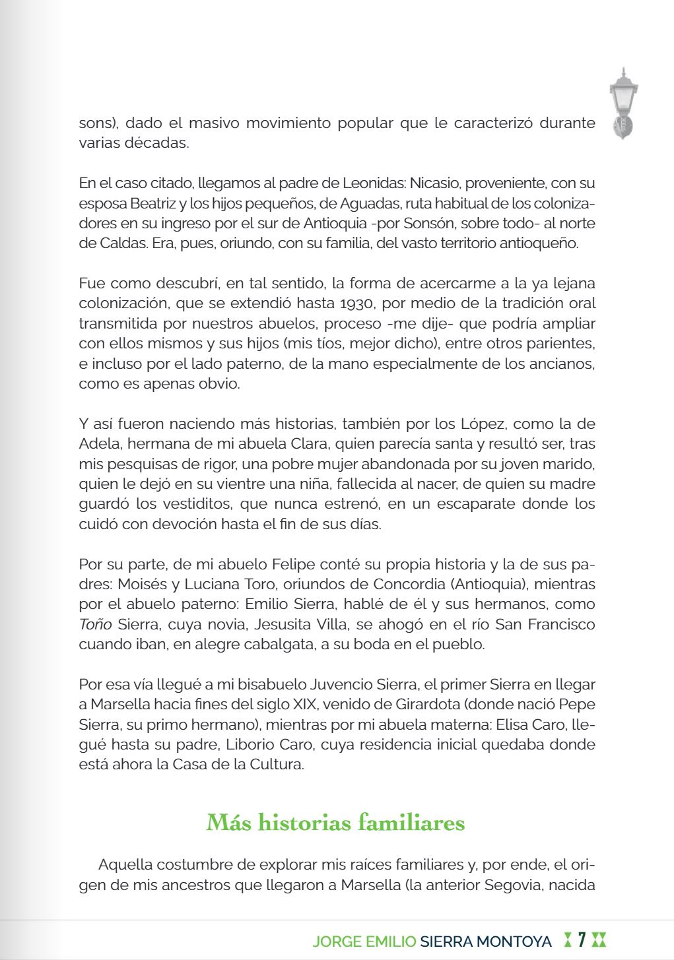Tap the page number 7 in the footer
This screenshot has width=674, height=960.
pyautogui.click(x=582, y=940)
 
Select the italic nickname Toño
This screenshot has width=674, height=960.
pyautogui.click(x=94, y=624)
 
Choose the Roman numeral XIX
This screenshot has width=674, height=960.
pyautogui.click(x=304, y=705)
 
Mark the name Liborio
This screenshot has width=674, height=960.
pyautogui.click(x=250, y=744)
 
